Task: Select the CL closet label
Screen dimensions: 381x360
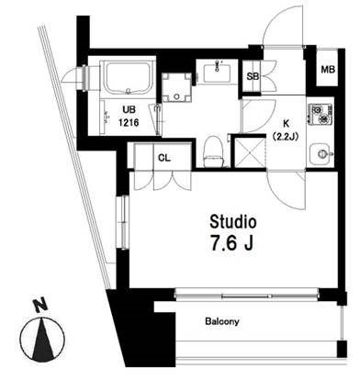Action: [164, 158]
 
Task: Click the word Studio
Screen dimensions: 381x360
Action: [233, 221]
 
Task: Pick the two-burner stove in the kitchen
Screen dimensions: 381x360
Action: [322, 115]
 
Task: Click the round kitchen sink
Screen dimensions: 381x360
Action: [321, 154]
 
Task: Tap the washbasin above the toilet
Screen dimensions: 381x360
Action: [220, 73]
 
